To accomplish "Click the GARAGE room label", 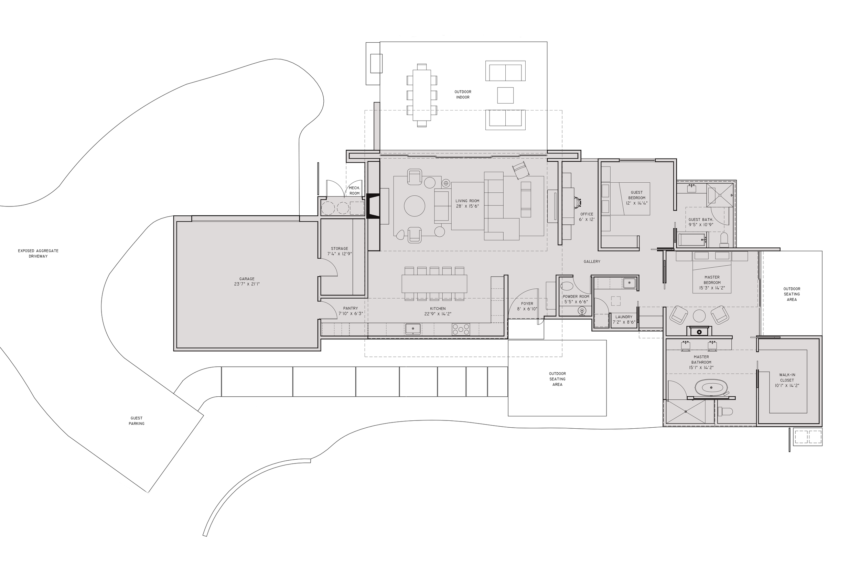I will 247,281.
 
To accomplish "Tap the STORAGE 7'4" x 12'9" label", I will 340,251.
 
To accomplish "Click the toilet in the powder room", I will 566,286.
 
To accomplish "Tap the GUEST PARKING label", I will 136,420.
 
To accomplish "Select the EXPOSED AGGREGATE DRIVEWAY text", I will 38,253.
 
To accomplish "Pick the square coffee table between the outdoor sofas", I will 505,95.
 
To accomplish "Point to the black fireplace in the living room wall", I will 372,206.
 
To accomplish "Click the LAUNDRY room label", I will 624,319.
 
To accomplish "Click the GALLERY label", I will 591,261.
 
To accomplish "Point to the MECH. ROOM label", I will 354,191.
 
